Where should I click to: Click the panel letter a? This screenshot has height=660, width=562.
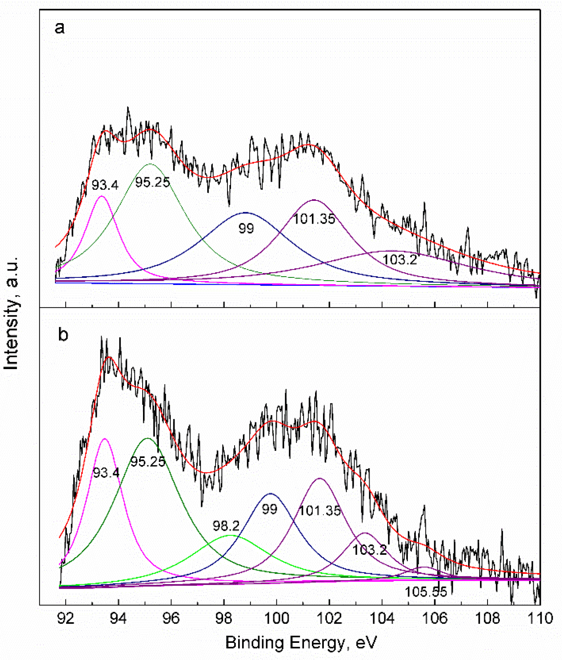click(x=59, y=28)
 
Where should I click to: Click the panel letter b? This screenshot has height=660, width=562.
click(x=63, y=334)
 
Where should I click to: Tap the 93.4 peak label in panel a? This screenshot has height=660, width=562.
click(x=105, y=185)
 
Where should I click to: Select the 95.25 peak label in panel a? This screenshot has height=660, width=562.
click(x=153, y=183)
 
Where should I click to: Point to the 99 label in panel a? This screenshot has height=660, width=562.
click(x=246, y=228)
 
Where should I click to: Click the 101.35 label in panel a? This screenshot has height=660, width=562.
click(x=314, y=219)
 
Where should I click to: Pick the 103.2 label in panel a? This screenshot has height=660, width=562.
click(x=399, y=260)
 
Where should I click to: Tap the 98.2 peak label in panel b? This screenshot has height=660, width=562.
click(x=226, y=526)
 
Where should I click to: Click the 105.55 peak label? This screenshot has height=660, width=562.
click(x=426, y=592)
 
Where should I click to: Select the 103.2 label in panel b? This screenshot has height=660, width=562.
click(x=370, y=550)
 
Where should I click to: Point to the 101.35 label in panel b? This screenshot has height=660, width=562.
click(x=320, y=511)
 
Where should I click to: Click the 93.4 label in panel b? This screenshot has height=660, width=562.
click(x=106, y=473)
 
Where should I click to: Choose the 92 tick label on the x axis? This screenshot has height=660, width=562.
click(x=66, y=618)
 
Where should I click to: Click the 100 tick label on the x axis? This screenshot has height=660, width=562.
click(x=277, y=618)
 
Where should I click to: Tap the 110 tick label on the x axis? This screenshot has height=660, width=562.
click(x=540, y=618)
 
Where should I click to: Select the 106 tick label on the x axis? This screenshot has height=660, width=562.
click(x=435, y=618)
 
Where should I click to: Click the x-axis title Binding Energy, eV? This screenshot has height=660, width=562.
click(x=301, y=642)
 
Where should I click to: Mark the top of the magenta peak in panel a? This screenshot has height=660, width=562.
click(x=102, y=196)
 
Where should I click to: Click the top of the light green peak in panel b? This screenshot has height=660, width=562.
click(x=231, y=536)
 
